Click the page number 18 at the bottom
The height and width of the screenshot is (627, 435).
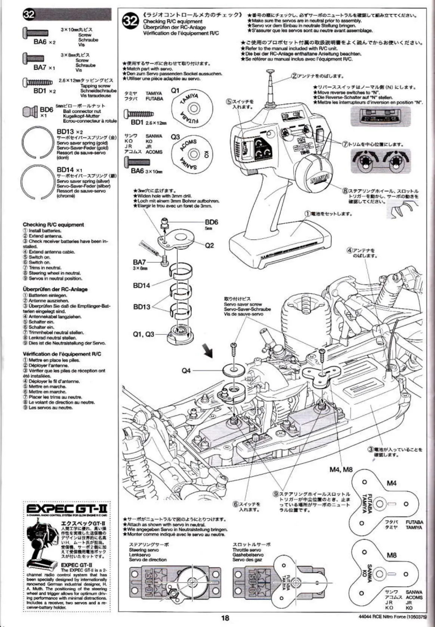(x=225, y=618)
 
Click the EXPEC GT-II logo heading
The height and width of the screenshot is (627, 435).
(x=67, y=509)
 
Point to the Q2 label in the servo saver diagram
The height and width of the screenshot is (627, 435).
(x=209, y=245)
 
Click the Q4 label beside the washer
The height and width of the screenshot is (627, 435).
(x=186, y=370)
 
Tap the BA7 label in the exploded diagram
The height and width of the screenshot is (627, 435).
(x=139, y=262)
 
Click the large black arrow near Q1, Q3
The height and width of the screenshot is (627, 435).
(x=207, y=350)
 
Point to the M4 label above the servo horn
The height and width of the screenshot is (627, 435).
(x=391, y=483)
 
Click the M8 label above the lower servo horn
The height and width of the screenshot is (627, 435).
(x=391, y=555)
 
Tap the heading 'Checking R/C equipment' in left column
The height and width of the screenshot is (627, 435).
(x=53, y=225)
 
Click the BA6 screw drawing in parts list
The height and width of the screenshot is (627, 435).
(x=36, y=33)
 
